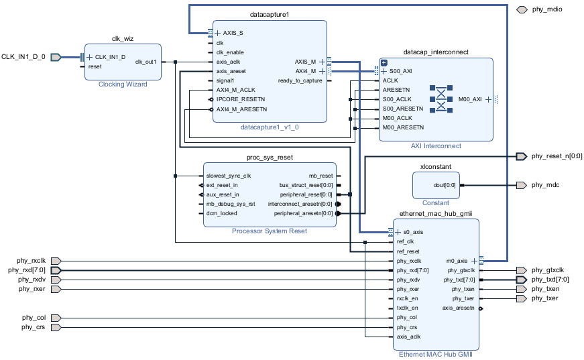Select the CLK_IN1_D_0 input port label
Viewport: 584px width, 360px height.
point(23,57)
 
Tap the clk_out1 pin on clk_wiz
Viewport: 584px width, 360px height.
point(145,62)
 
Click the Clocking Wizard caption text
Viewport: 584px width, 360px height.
point(123,84)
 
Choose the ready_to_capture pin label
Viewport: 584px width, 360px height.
point(300,80)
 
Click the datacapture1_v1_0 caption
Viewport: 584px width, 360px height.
point(269,127)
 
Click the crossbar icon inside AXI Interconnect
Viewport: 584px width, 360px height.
point(441,99)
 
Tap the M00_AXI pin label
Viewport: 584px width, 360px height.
point(469,99)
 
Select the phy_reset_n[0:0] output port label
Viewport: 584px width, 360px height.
point(557,156)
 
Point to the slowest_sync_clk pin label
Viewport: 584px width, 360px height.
point(229,176)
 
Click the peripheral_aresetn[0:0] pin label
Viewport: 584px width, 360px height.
point(303,213)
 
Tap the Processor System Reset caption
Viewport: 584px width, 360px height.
point(269,231)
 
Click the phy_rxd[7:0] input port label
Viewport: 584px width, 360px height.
point(25,270)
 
